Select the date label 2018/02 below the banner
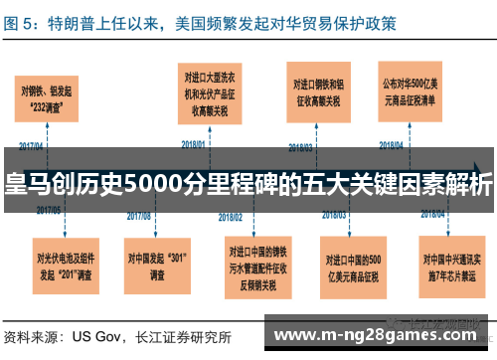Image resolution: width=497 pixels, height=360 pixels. [231, 215]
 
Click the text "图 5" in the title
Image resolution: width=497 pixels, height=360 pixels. [20, 21]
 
